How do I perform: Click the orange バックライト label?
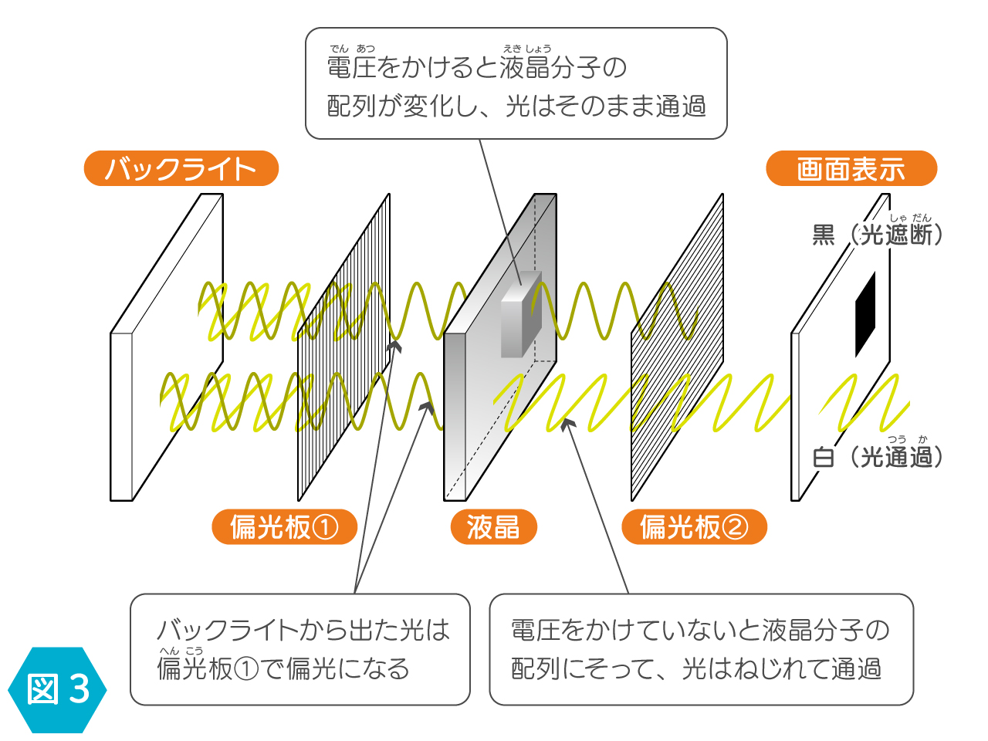pos(181,168)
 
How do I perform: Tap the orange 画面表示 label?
pos(851,168)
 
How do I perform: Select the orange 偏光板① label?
pos(284,527)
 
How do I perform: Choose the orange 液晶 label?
pos(493,527)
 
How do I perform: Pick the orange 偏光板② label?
pos(694,527)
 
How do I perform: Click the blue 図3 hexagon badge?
pos(57,690)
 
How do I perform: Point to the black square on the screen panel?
pos(865,314)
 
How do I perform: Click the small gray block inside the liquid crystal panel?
pos(521,314)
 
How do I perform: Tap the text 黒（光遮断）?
pos(877,235)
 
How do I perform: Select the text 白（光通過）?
pos(877,457)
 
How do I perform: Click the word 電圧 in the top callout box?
pos(351,67)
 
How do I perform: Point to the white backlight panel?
pos(167,347)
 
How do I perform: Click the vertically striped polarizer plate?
pos(344,347)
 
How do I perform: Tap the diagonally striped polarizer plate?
pos(677,347)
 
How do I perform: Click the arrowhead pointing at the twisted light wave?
pos(568,423)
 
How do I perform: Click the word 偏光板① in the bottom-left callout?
pos(208,669)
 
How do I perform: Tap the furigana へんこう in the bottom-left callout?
pos(181,651)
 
